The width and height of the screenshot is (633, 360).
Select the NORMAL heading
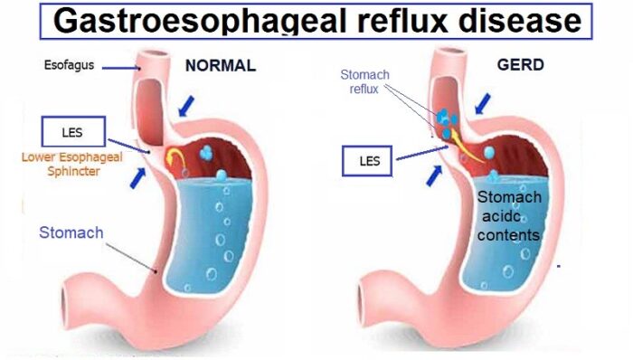[x=221, y=65]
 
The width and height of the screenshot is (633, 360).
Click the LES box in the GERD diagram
[x=366, y=164]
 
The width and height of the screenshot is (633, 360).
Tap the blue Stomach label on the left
[x=71, y=232]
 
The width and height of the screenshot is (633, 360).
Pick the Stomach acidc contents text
[x=509, y=217]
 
